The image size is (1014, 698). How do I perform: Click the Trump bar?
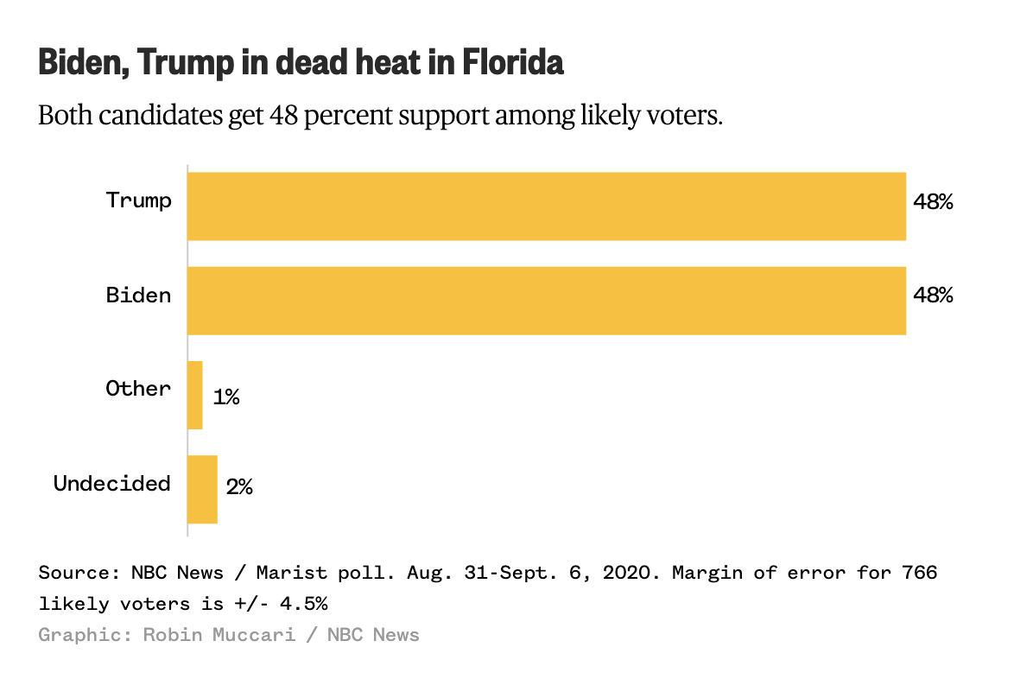[x=547, y=206]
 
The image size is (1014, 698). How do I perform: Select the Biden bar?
[x=547, y=301]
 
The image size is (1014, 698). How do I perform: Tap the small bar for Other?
[x=195, y=395]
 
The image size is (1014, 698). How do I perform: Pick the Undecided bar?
[x=202, y=489]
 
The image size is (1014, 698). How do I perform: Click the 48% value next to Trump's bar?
[x=934, y=202]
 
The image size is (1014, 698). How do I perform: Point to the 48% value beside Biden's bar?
[x=934, y=295]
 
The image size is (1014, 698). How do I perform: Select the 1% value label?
[x=226, y=397]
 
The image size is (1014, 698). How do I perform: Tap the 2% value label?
[x=239, y=487]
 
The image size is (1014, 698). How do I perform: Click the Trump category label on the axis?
[x=139, y=200]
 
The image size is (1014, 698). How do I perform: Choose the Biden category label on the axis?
[x=139, y=295]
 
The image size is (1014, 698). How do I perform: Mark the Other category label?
[x=139, y=389]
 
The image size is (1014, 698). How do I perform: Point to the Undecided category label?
[x=112, y=483]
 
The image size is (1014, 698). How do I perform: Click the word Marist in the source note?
[x=291, y=573]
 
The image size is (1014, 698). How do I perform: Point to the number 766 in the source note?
[x=919, y=573]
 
